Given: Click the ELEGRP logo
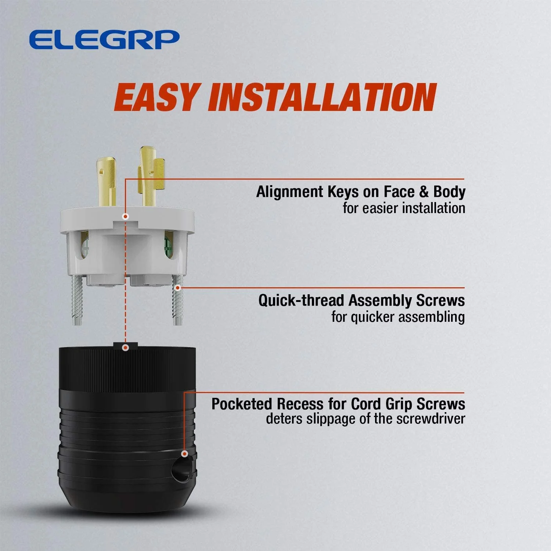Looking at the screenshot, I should [104, 40].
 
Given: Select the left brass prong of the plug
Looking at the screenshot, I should [107, 180].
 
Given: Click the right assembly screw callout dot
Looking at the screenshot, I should [178, 288].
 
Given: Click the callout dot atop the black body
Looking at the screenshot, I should [126, 347].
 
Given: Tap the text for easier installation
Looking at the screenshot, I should [404, 208].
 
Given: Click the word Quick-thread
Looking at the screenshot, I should [301, 300].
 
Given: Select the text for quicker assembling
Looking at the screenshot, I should [398, 317].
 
